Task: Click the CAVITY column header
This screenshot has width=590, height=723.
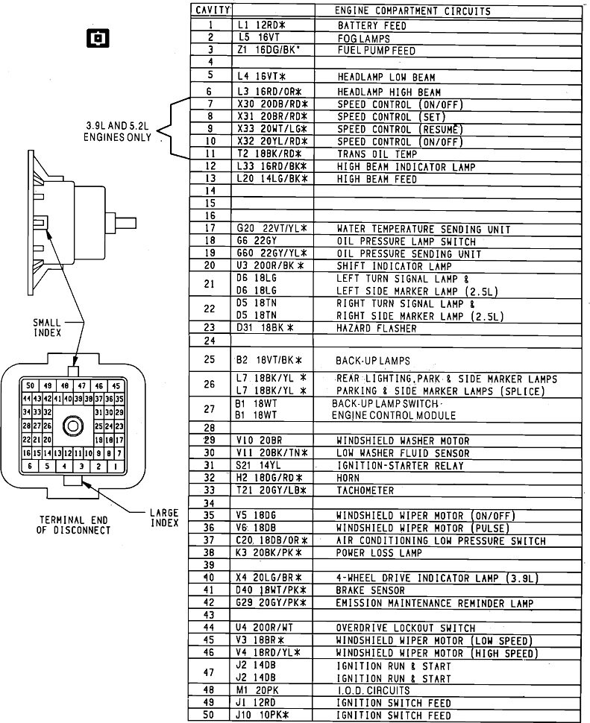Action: tap(211, 11)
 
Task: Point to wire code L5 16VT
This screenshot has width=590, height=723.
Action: tap(260, 37)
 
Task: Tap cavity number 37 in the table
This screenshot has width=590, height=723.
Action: tap(211, 540)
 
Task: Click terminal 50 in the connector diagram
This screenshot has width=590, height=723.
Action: tap(28, 386)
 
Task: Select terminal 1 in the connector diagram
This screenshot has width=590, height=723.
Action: tap(114, 466)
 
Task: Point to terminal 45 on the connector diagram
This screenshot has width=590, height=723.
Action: tap(115, 386)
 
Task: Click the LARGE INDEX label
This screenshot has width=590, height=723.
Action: tap(162, 517)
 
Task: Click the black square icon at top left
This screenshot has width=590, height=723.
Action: tap(96, 37)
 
